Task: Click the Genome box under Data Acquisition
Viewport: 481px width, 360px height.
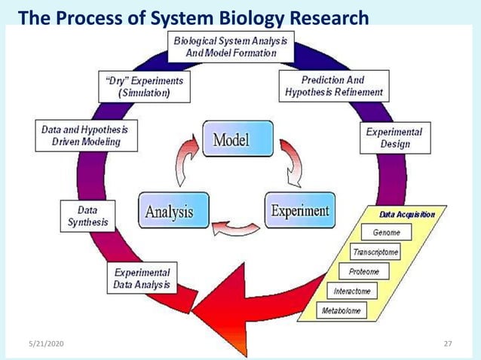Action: click(x=386, y=233)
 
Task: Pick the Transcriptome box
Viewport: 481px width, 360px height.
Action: click(x=375, y=252)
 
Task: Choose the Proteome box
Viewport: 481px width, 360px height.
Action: click(x=364, y=271)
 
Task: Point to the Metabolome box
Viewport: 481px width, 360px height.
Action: click(x=342, y=310)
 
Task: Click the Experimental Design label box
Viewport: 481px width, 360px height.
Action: click(x=394, y=137)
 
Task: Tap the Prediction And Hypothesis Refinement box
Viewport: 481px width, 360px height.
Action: click(x=333, y=86)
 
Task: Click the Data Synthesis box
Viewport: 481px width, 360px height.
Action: click(x=87, y=215)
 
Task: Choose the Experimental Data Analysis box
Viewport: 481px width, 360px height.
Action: click(x=142, y=279)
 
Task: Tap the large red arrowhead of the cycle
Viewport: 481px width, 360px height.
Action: click(x=226, y=304)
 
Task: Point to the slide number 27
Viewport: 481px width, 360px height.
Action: click(x=448, y=343)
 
